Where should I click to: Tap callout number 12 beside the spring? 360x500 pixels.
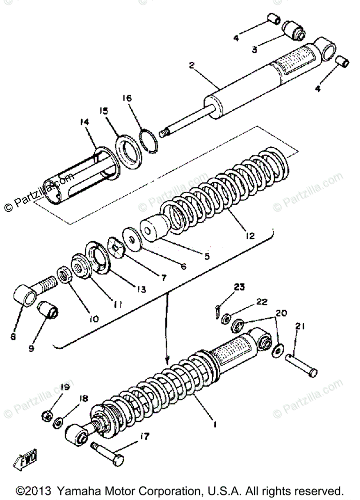250,236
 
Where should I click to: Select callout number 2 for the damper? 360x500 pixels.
192,65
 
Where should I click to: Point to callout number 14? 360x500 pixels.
85,122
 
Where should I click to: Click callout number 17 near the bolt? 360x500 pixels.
144,437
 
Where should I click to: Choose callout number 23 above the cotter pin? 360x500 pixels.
240,287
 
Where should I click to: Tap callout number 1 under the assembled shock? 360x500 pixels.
215,424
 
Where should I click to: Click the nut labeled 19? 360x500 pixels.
47,415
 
